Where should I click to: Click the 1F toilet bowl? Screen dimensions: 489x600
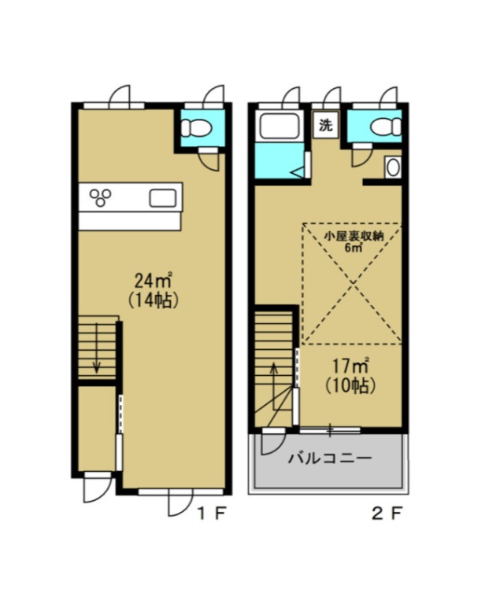[x=196, y=127]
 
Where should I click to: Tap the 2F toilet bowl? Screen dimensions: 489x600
[x=386, y=127]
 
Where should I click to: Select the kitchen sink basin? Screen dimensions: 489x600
[x=163, y=198]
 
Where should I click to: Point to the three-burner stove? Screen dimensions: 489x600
[x=101, y=197]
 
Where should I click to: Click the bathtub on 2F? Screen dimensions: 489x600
[x=280, y=126]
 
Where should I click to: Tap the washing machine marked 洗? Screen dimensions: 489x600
[x=325, y=125]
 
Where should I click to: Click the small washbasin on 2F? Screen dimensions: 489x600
[x=393, y=167]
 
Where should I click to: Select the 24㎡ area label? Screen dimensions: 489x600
[x=153, y=282]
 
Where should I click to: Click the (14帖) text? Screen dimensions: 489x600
[x=153, y=300]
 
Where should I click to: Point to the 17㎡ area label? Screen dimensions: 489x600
[x=350, y=366]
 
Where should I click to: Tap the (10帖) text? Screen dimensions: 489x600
[x=350, y=385]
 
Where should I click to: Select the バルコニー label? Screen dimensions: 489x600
[x=330, y=458]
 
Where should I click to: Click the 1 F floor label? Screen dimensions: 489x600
[x=211, y=513]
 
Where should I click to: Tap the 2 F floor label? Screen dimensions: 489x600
[x=387, y=513]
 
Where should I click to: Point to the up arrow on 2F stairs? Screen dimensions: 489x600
[x=273, y=386]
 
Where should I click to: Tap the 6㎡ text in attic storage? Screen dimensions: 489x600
[x=354, y=248]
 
